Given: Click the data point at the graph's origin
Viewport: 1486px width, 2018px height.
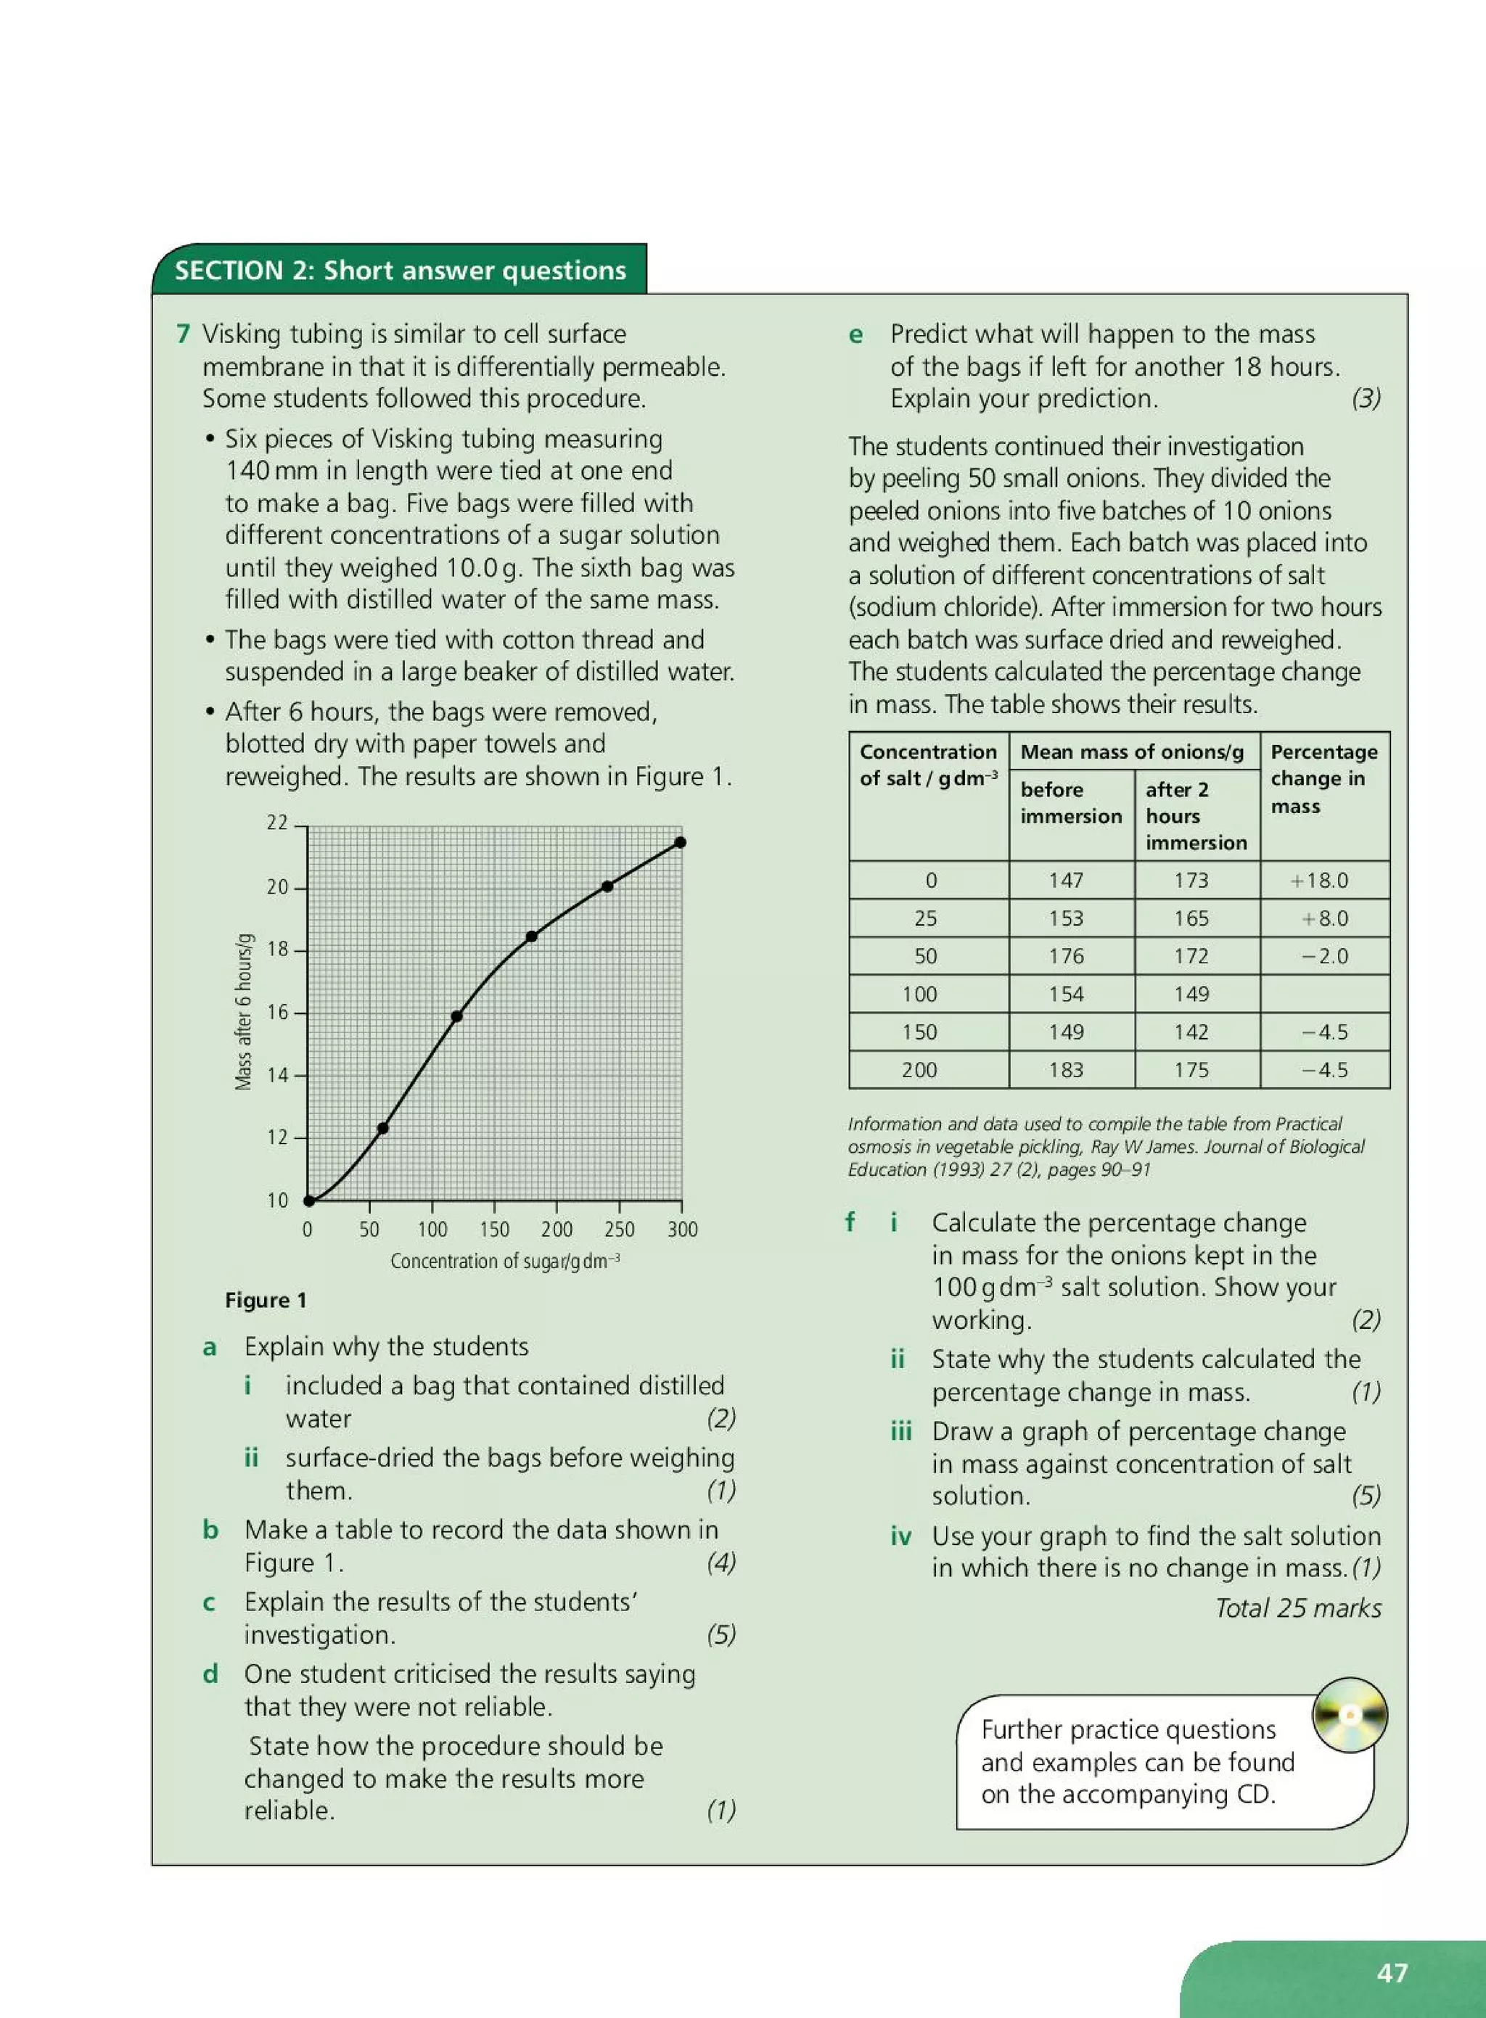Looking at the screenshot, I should click(x=308, y=1200).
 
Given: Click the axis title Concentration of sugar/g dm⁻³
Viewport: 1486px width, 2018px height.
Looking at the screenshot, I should click(x=504, y=1261).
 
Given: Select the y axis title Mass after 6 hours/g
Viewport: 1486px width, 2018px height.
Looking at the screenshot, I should click(x=243, y=1012).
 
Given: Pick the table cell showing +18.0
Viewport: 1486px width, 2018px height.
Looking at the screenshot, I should click(x=1320, y=881).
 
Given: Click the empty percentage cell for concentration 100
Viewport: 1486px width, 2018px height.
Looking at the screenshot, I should click(x=1324, y=994).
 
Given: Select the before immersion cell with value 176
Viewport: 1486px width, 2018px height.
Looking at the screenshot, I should click(x=1066, y=956).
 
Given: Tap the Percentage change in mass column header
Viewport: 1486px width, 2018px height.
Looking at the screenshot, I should click(x=1323, y=779).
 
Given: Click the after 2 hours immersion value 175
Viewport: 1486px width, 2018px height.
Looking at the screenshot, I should click(x=1191, y=1070).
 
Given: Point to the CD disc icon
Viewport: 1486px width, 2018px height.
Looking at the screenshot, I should click(x=1350, y=1715).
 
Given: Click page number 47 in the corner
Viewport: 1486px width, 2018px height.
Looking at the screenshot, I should click(x=1392, y=1972).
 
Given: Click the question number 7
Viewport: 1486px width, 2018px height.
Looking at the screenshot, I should click(x=183, y=334).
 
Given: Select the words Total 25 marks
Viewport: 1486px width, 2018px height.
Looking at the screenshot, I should click(x=1297, y=1608).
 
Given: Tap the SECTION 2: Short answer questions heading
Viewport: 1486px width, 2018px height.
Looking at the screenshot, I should click(x=401, y=271).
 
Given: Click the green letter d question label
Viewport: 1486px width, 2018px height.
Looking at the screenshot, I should click(x=210, y=1673).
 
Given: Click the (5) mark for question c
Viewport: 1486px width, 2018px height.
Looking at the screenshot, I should click(x=721, y=1634).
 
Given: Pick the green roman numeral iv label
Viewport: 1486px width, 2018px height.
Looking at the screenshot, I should click(x=900, y=1536).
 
